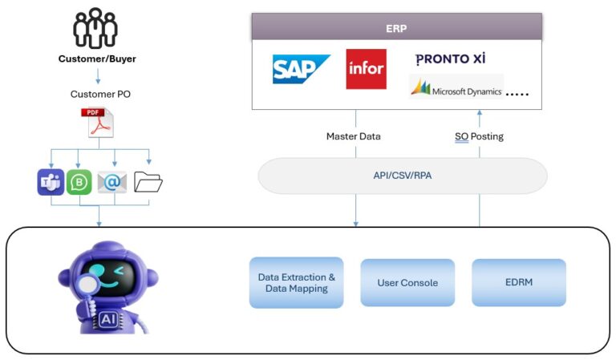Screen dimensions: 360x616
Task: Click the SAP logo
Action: (301, 70)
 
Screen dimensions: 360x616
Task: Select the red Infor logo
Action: (366, 69)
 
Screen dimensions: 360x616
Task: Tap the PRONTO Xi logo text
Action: (450, 59)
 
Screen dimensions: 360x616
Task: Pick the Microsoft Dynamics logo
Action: (456, 88)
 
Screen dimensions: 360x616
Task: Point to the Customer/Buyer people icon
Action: (95, 29)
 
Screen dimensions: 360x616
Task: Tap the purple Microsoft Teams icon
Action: (51, 182)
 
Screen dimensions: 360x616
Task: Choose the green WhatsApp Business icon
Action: (80, 182)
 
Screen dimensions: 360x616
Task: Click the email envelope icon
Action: (112, 183)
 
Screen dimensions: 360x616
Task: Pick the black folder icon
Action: (148, 182)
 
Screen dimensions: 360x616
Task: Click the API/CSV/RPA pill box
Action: (402, 175)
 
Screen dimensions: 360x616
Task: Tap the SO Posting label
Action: (479, 136)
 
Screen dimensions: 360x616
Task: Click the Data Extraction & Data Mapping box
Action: (296, 282)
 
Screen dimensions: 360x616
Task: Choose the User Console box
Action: (407, 282)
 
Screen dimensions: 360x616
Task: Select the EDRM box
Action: (518, 282)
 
